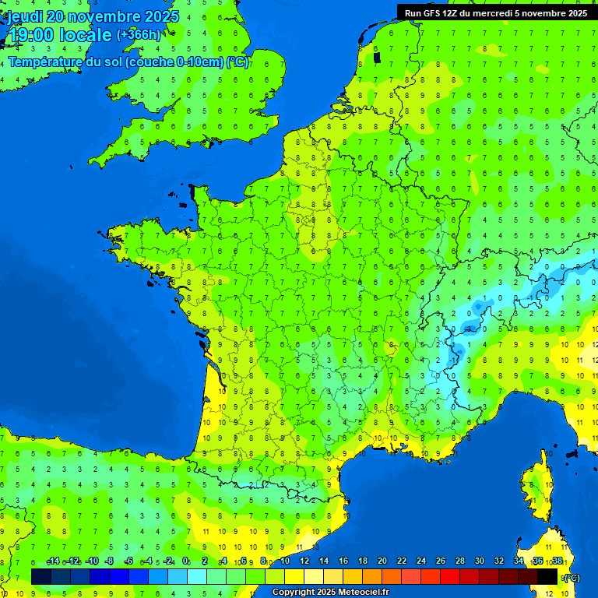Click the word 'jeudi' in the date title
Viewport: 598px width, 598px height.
(x=26, y=16)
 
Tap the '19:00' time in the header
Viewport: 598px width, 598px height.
(x=30, y=35)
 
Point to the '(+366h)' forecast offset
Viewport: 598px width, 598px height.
(x=139, y=34)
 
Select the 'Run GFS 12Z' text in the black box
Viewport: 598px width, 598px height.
(x=433, y=12)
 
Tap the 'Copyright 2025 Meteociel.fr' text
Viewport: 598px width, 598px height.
(x=330, y=593)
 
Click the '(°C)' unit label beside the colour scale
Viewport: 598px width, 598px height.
(x=571, y=577)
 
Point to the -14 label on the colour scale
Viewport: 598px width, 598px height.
(x=53, y=561)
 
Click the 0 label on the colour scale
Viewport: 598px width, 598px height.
(x=185, y=561)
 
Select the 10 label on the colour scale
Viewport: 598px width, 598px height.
(x=285, y=561)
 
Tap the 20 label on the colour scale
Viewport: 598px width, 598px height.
(x=382, y=561)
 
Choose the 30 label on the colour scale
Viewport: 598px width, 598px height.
(x=480, y=561)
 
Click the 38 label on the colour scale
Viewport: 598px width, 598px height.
(x=557, y=561)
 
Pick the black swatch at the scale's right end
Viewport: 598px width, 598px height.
(x=547, y=576)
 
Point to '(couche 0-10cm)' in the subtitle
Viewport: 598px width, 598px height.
(x=175, y=62)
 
